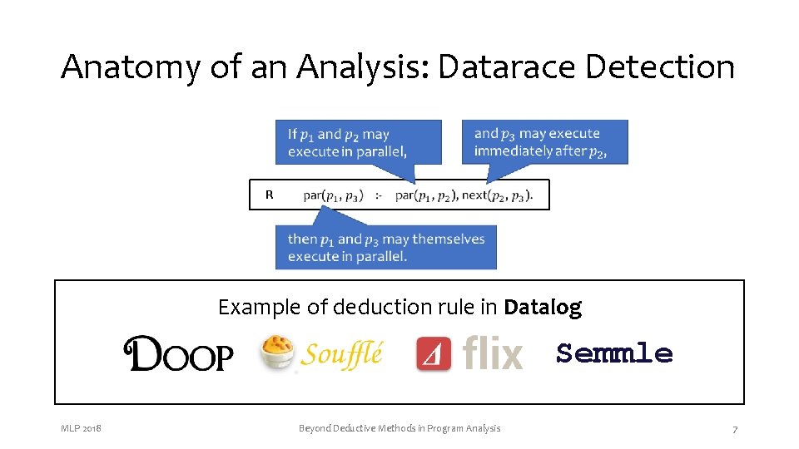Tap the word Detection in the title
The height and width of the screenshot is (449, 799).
click(x=660, y=67)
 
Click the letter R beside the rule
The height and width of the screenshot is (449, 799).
click(x=269, y=195)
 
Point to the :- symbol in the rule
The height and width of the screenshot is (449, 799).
click(x=379, y=195)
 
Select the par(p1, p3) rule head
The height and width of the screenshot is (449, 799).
click(x=333, y=195)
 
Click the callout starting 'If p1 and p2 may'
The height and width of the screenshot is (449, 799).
click(x=358, y=141)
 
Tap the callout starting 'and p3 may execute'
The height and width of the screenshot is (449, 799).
click(x=544, y=141)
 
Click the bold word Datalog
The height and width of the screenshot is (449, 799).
click(x=543, y=308)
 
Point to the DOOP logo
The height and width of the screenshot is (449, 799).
click(x=178, y=354)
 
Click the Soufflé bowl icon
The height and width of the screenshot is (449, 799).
click(x=277, y=353)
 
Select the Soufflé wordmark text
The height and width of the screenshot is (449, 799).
click(x=341, y=353)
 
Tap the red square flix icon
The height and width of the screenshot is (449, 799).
click(x=434, y=353)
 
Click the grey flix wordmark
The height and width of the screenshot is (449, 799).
click(x=492, y=353)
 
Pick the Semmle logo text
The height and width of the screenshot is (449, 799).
click(x=613, y=353)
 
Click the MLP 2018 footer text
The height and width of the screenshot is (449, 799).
click(x=81, y=428)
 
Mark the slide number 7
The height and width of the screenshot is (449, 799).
click(x=734, y=429)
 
